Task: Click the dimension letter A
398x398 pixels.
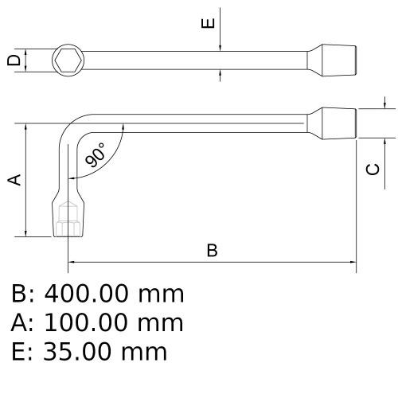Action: pos(14,180)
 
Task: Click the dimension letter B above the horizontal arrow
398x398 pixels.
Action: pos(212,250)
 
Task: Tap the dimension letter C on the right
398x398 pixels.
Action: pos(373,170)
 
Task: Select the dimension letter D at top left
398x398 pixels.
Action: pos(14,60)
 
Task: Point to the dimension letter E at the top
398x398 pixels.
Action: pos(209,23)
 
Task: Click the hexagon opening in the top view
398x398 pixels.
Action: pos(68,60)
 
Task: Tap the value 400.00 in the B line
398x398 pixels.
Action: pos(86,294)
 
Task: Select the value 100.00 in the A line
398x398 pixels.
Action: pos(85,322)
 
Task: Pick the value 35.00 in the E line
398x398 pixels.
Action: pos(77,352)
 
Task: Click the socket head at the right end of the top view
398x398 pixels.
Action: pos(332,60)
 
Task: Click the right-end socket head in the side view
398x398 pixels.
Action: pos(332,123)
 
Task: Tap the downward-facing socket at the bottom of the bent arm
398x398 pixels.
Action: pos(68,215)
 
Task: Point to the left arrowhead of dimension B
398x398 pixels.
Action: pos(71,262)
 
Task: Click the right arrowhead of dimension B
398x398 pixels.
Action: pos(353,262)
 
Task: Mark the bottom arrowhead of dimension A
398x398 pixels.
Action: pos(25,233)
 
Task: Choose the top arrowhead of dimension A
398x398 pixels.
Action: pos(25,127)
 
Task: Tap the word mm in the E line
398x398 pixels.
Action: pos(144,353)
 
